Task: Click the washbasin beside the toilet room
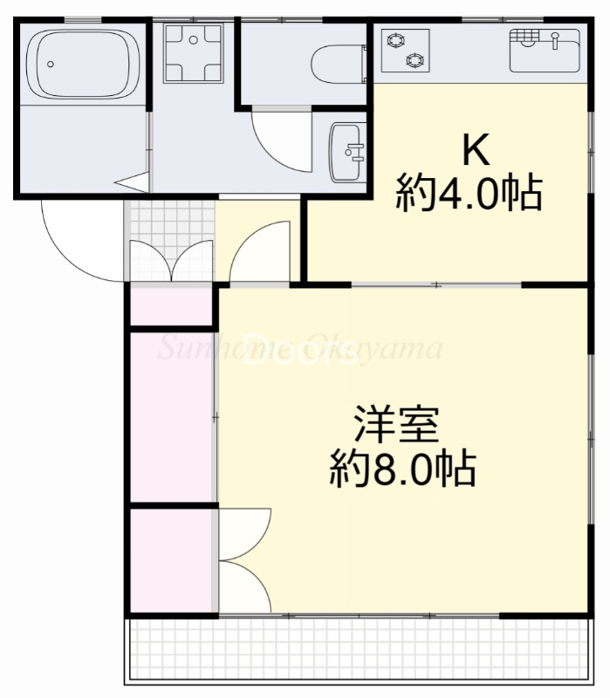[x=348, y=152]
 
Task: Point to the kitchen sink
[x=544, y=50]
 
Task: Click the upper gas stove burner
[x=397, y=39]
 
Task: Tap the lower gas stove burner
[x=416, y=59]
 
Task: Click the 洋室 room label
[x=395, y=427]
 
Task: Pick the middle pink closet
[x=173, y=417]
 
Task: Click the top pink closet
[x=173, y=305]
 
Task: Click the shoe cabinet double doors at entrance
[x=171, y=262]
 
